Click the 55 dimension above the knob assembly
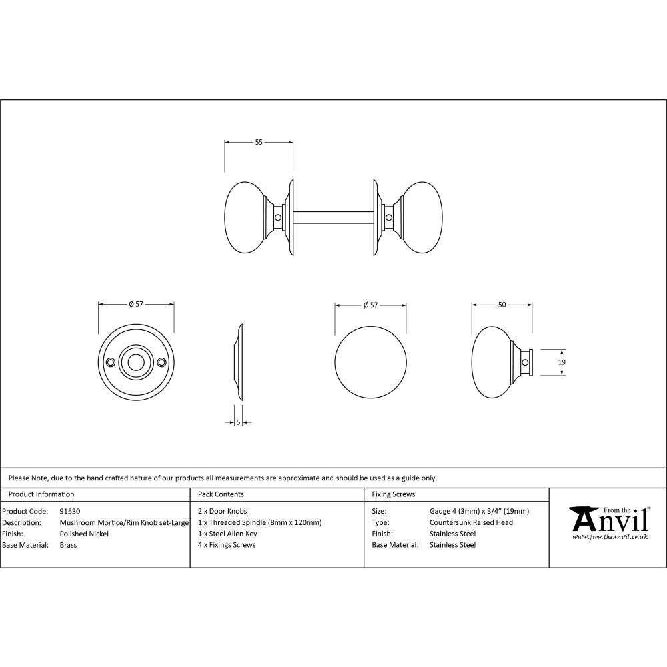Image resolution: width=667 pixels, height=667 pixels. click(x=259, y=142)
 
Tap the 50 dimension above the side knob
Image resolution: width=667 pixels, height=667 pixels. click(x=502, y=305)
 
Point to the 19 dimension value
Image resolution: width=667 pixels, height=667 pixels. click(x=562, y=362)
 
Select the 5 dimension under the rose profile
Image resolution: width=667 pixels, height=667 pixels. click(x=238, y=422)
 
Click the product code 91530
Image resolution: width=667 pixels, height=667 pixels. click(x=70, y=512)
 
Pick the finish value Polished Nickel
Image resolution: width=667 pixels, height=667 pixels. click(x=84, y=534)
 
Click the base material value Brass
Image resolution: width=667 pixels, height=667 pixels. click(x=68, y=545)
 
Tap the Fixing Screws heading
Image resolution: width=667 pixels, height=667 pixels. click(x=393, y=494)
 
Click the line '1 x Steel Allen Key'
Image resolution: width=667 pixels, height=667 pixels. click(x=227, y=534)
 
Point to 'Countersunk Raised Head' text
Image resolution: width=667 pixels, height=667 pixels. click(x=471, y=522)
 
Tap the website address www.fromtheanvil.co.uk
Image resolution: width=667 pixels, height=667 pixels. click(x=611, y=537)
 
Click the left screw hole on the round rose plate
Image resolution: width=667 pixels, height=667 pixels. click(x=110, y=362)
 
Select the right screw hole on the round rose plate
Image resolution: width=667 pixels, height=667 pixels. click(x=161, y=362)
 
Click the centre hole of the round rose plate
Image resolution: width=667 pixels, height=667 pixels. click(x=136, y=362)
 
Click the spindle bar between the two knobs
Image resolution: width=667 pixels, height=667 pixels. click(x=333, y=217)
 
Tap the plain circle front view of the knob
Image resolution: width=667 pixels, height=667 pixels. click(x=370, y=362)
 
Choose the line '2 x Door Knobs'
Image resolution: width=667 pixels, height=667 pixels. click(x=223, y=512)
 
